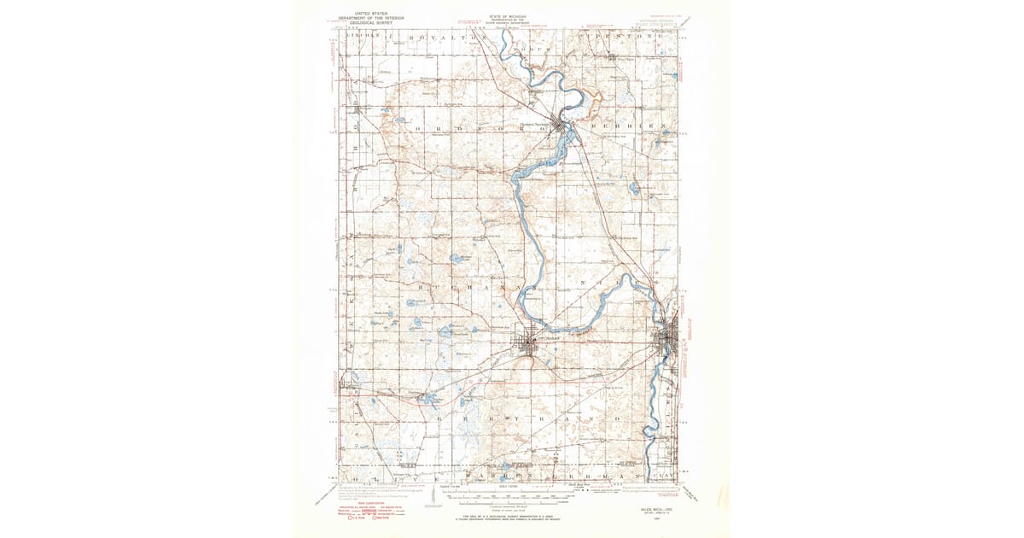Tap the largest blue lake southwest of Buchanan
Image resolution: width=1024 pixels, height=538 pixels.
pyautogui.click(x=417, y=324)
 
